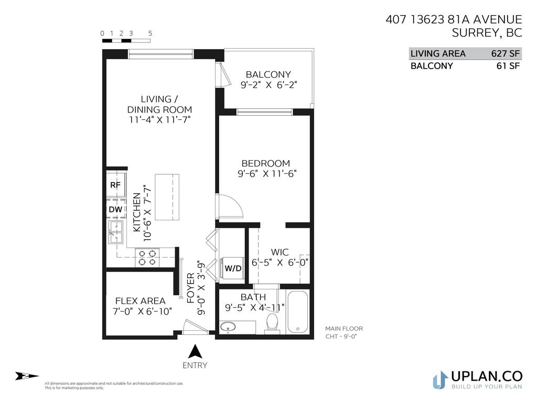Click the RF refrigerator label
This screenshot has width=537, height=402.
click(x=115, y=185)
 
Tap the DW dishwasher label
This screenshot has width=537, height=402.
click(x=115, y=210)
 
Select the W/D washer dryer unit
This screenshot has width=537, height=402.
click(x=232, y=269)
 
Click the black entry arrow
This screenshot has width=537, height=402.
click(x=195, y=351)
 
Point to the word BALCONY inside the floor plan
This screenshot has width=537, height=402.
click(x=268, y=74)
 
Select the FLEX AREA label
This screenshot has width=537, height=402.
click(x=140, y=301)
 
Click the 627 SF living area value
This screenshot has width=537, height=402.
click(x=505, y=53)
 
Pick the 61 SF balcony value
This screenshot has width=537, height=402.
click(x=508, y=66)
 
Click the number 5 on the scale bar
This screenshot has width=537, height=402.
click(x=150, y=33)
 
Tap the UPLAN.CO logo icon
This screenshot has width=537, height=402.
click(x=440, y=379)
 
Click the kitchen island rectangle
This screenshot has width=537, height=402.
click(x=166, y=198)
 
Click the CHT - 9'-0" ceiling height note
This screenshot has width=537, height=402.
click(x=343, y=337)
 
